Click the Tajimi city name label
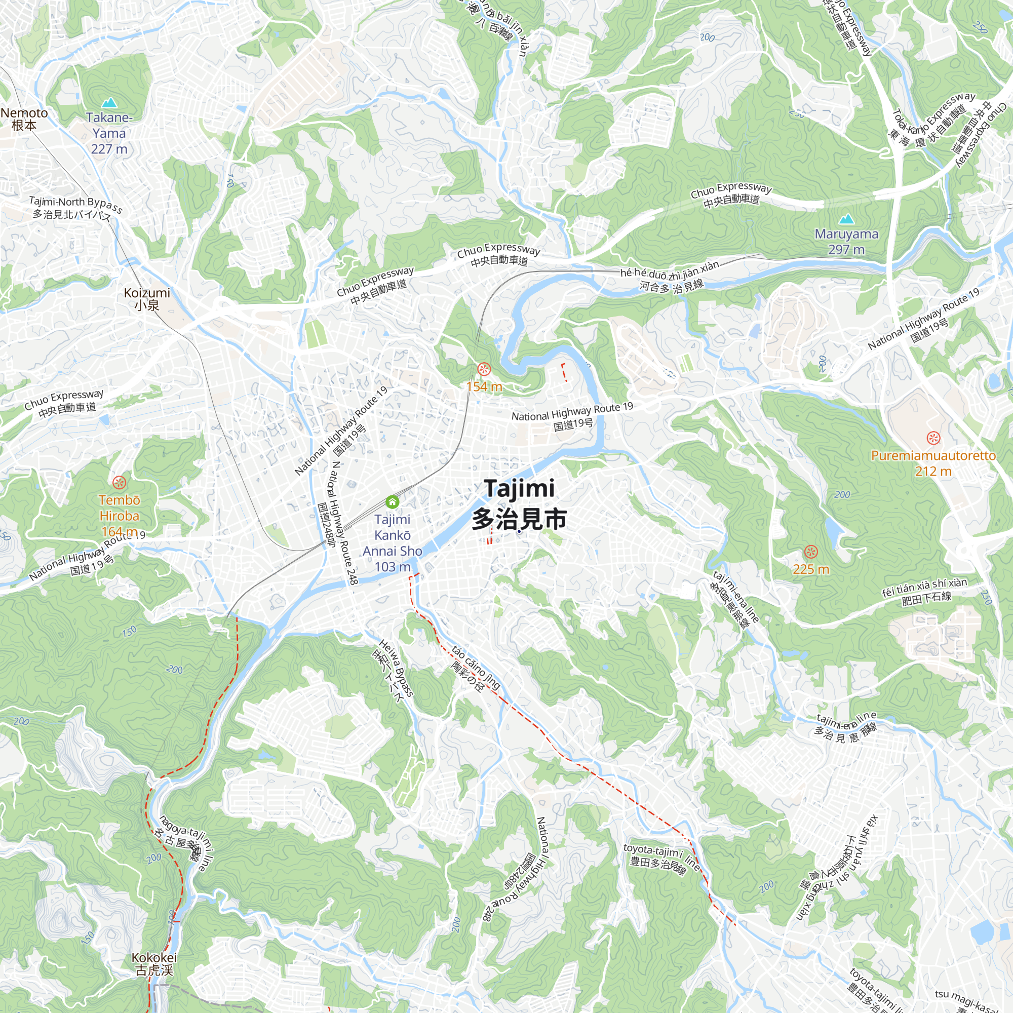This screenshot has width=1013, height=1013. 519,503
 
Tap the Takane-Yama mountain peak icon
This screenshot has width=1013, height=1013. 109,103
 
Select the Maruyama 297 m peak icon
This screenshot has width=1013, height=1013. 846,219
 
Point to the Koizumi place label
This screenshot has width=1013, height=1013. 147,299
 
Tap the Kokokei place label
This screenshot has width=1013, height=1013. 154,964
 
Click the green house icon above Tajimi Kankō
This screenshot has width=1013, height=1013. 392,502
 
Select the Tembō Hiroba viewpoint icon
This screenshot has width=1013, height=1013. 119,482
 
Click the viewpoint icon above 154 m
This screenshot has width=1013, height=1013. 484,369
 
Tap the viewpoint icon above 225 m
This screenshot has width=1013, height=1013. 810,552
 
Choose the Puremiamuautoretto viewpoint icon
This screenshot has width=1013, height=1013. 933,438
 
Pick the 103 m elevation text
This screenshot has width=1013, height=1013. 392,567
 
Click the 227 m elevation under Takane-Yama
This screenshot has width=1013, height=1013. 109,149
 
